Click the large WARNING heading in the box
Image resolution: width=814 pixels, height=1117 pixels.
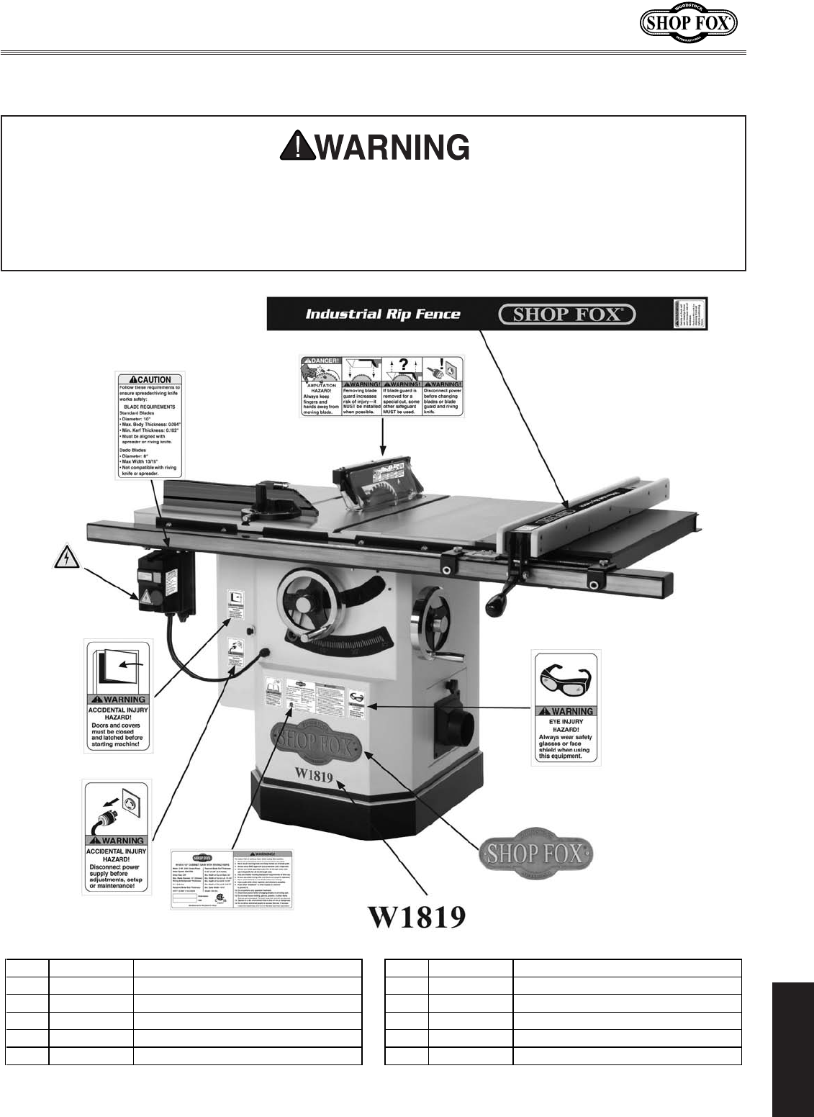375,148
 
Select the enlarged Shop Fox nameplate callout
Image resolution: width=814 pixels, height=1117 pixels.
537,854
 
